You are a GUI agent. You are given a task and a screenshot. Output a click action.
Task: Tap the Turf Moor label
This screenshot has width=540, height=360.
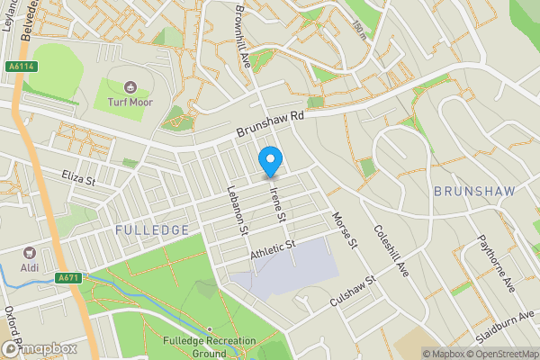pyautogui.click(x=130, y=103)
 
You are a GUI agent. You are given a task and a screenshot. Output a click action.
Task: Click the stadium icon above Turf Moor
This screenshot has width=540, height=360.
pyautogui.click(x=130, y=88)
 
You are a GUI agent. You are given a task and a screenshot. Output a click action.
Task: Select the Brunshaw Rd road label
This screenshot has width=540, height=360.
pyautogui.click(x=271, y=121)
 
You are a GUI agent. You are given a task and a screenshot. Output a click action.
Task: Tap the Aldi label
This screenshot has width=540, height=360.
pyautogui.click(x=29, y=268)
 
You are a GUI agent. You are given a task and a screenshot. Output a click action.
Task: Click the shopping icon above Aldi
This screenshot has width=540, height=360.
pyautogui.click(x=29, y=254)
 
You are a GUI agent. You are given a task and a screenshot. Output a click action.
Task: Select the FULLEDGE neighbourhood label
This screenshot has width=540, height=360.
pyautogui.click(x=152, y=230)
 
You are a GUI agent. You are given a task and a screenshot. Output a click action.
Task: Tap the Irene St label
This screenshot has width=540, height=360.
pyautogui.click(x=278, y=200)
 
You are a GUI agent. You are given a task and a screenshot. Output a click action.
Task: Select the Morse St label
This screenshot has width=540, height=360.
pyautogui.click(x=346, y=230)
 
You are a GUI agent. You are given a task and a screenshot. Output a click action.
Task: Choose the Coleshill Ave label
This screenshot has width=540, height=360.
pyautogui.click(x=389, y=237)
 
